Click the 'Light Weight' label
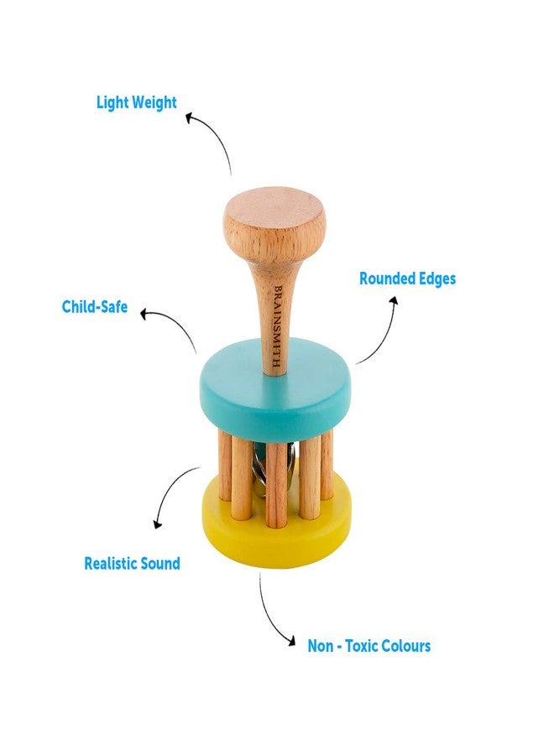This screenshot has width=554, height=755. click(136, 103)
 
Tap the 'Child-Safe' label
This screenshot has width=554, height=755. click(95, 307)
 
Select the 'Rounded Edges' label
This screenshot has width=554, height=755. click(407, 279)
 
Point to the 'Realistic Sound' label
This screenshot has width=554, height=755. click(132, 564)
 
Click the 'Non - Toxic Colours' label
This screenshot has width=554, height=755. click(368, 646)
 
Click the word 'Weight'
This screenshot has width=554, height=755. click(154, 103)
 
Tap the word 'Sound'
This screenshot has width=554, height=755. click(159, 564)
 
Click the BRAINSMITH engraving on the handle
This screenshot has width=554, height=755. click(277, 328)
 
